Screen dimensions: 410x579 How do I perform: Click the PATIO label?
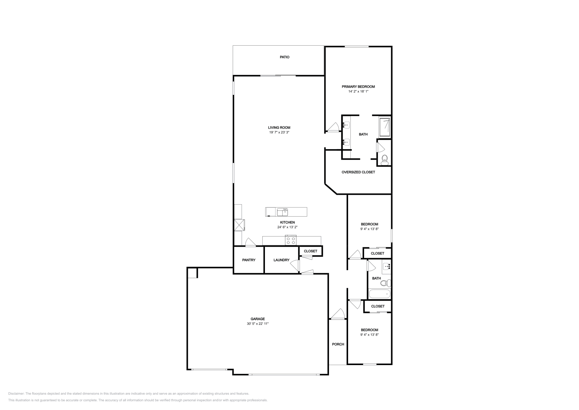(284, 57)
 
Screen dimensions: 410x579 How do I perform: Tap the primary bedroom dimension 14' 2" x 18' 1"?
(358, 92)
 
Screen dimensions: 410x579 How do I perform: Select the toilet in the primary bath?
(385, 159)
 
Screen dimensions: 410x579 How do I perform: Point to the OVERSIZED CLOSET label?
(358, 172)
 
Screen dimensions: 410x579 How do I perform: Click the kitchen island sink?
(282, 212)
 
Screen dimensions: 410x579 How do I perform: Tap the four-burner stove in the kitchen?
(291, 240)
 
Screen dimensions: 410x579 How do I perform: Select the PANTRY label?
(249, 260)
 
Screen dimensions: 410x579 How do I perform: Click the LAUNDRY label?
(281, 260)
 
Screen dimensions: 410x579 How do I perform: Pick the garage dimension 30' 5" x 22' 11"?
(258, 324)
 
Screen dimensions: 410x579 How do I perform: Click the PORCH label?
(338, 344)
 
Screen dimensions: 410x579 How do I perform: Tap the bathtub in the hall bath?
(379, 294)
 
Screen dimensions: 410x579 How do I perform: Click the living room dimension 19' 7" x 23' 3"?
(279, 133)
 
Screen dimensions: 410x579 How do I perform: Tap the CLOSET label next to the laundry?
(310, 251)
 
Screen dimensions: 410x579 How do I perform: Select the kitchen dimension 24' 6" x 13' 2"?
(287, 227)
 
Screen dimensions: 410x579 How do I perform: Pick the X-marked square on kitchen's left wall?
(239, 225)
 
